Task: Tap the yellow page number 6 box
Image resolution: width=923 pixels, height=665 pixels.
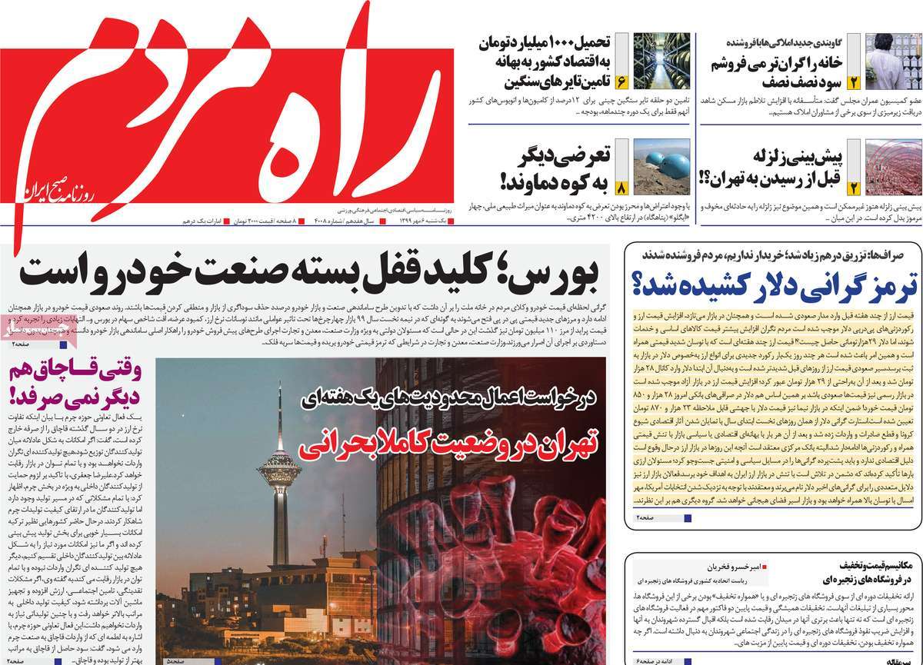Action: click(x=621, y=81)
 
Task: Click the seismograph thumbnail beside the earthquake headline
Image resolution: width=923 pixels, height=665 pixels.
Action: click(x=893, y=166)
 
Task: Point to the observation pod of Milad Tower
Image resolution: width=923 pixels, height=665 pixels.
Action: click(x=279, y=466)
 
